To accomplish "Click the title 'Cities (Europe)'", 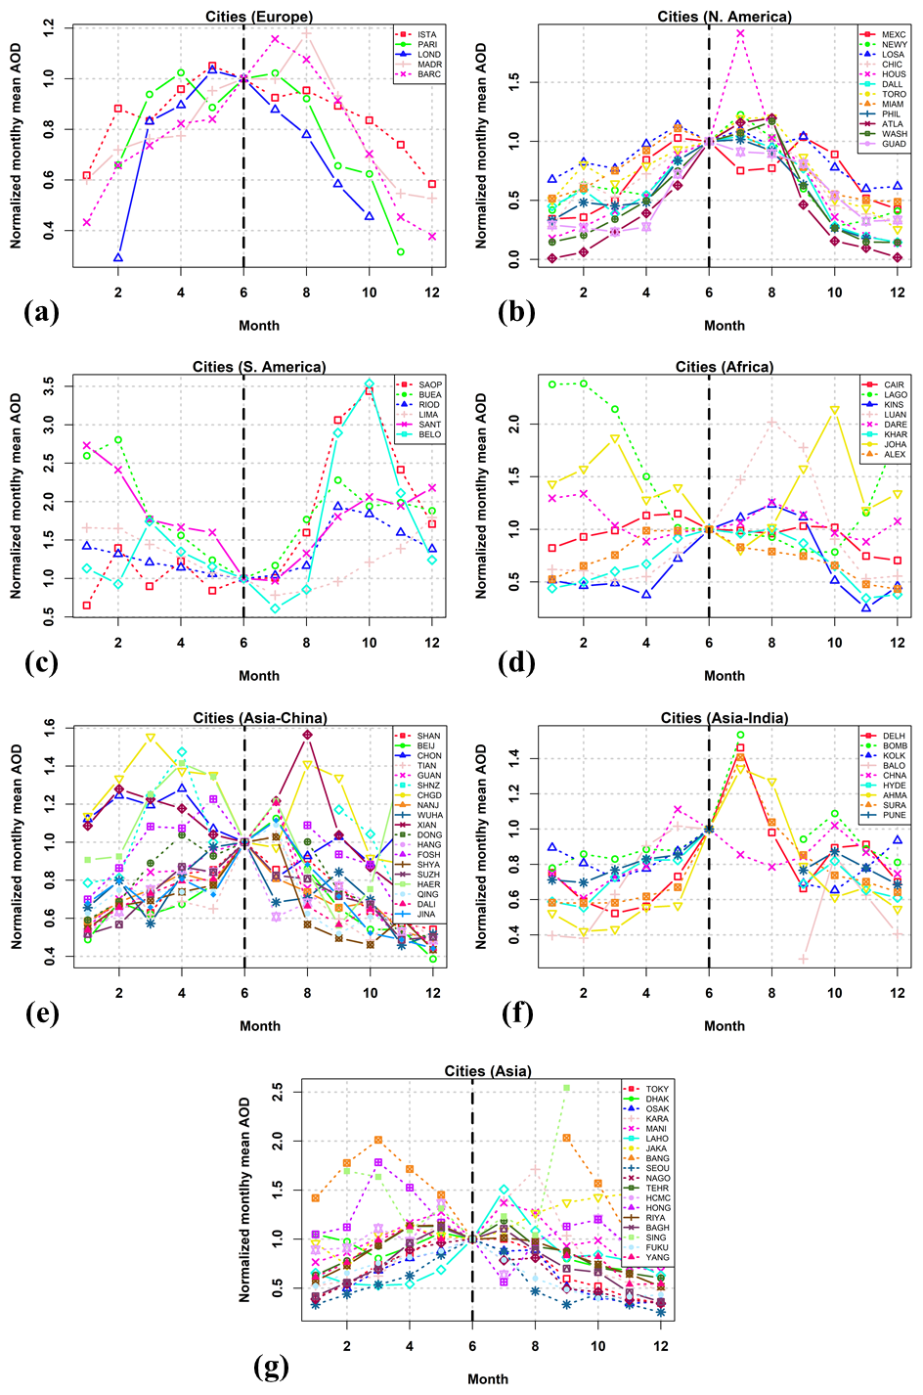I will tap(259, 17).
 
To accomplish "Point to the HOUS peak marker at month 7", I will tap(740, 33).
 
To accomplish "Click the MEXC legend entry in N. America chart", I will tap(893, 35).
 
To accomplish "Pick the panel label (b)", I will tap(515, 312).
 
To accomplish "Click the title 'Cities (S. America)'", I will tap(259, 367).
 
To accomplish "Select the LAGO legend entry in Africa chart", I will tap(894, 395).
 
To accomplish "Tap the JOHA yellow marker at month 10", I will tap(834, 410).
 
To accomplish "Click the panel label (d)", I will tap(515, 662).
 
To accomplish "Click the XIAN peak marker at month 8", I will tap(307, 735).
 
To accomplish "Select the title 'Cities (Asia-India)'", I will tap(724, 718).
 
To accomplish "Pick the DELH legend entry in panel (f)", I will tap(894, 736).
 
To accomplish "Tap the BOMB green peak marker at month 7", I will tap(740, 735).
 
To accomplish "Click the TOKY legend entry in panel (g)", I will tap(657, 1089).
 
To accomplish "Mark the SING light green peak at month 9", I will tap(566, 1088).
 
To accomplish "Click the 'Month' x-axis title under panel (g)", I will tap(487, 1379).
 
